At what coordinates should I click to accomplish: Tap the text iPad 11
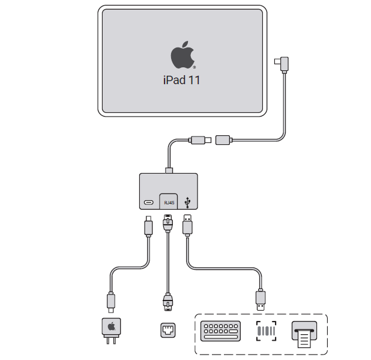pyautogui.click(x=181, y=79)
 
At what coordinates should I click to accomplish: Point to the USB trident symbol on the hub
pyautogui.click(x=190, y=202)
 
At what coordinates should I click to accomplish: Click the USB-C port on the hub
pyautogui.click(x=148, y=203)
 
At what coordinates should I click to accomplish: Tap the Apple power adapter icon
pyautogui.click(x=111, y=328)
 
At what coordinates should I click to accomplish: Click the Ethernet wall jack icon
pyautogui.click(x=169, y=330)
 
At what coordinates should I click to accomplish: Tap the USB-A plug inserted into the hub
pyautogui.click(x=188, y=225)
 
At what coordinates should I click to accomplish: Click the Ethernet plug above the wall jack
pyautogui.click(x=169, y=302)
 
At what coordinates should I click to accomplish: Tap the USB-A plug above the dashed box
pyautogui.click(x=261, y=299)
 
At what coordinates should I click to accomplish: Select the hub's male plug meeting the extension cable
pyautogui.click(x=199, y=140)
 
